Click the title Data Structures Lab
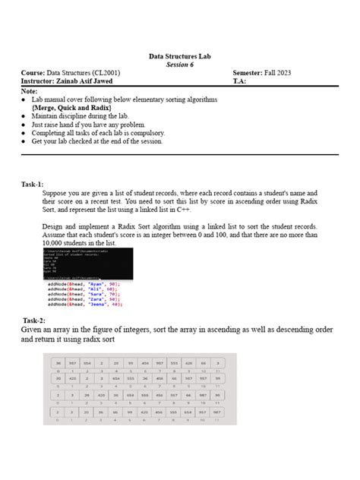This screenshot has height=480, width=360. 180,57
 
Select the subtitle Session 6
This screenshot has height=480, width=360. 180,65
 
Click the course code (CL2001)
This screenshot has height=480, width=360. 102,73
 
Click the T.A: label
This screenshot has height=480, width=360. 240,81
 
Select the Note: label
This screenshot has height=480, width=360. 30,91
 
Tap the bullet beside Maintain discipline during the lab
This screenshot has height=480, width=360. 26,116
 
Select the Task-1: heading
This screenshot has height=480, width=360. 32,185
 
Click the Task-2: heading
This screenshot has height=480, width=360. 34,321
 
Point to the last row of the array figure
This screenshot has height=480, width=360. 135,414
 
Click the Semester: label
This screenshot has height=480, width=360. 251,73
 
